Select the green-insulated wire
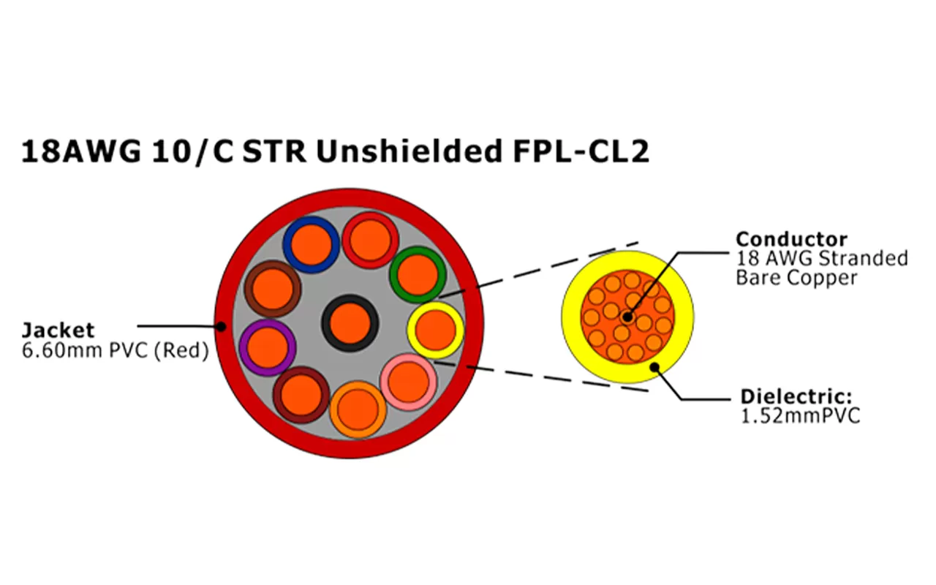pos(418,275)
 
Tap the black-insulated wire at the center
pos(350,323)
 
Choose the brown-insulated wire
pos(272,287)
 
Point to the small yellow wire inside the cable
pos(436,330)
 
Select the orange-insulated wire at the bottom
pos(358,409)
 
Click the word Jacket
pos(58,330)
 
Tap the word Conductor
pos(782,239)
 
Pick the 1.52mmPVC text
pos(800,416)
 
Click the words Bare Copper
pos(796,278)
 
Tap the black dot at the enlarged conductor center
pos(627,317)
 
